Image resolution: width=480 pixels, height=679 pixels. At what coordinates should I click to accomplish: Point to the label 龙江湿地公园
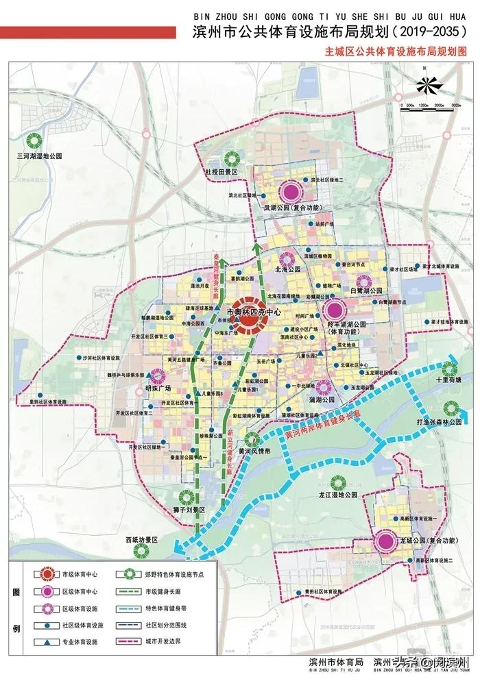tap(339, 494)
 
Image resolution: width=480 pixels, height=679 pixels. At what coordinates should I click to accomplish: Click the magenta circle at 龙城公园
tap(387, 541)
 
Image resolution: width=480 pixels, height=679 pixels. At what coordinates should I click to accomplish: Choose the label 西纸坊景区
tap(141, 541)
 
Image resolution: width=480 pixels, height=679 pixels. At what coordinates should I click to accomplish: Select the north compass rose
tap(428, 84)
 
